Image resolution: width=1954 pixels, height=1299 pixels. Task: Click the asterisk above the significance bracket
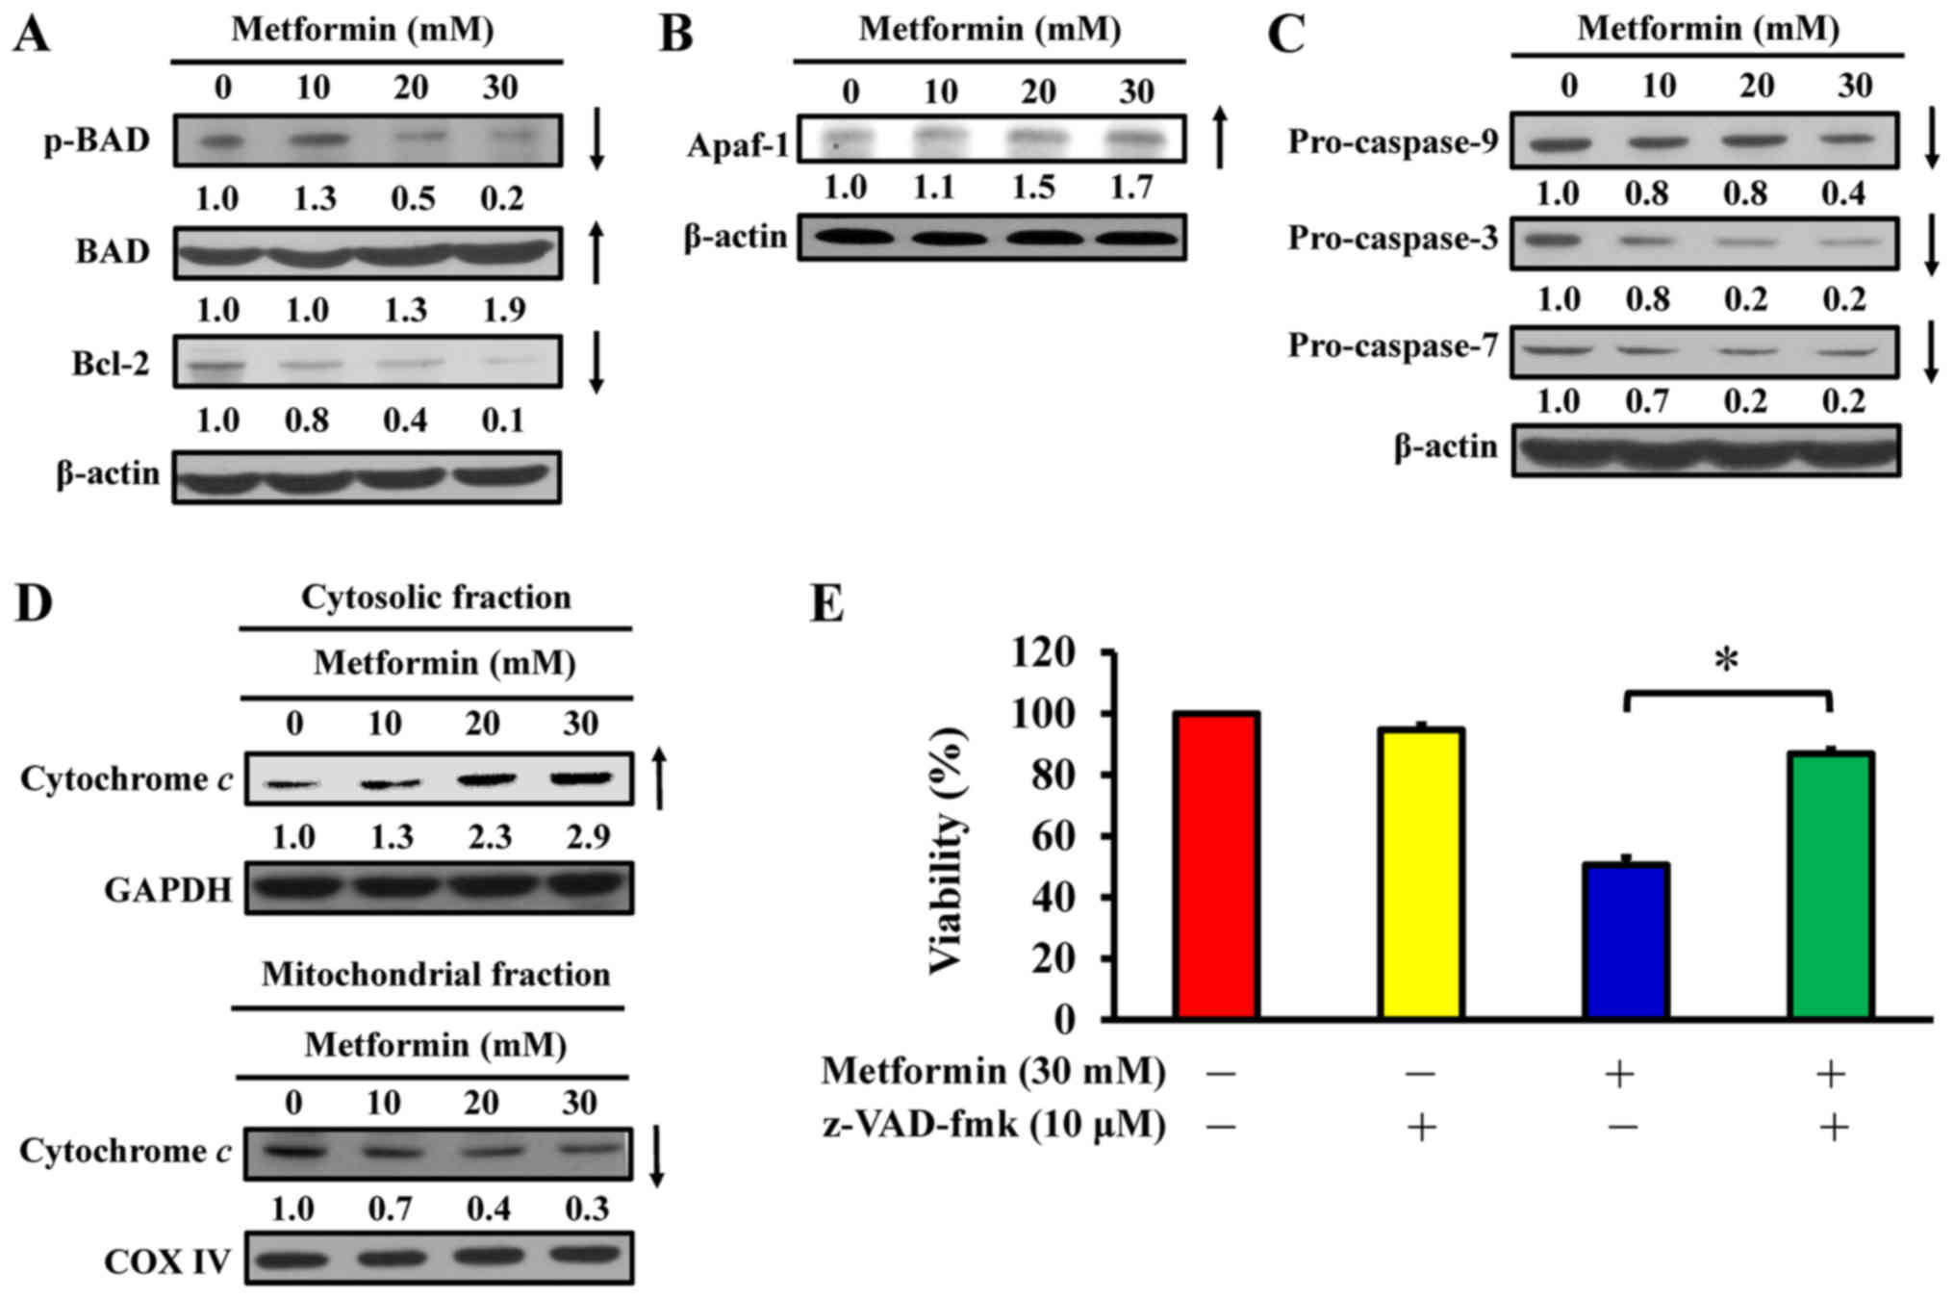pyautogui.click(x=1727, y=661)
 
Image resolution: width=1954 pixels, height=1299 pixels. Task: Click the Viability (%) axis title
pyautogui.click(x=948, y=851)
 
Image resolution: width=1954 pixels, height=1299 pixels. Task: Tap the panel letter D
pyautogui.click(x=34, y=603)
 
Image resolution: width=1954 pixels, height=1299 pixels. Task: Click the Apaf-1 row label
pyautogui.click(x=737, y=145)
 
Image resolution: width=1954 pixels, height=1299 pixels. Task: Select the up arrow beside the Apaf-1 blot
pyautogui.click(x=1221, y=139)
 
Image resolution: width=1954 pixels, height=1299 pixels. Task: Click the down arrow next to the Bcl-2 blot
pyautogui.click(x=596, y=363)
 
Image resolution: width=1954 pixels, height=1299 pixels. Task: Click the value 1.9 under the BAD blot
pyautogui.click(x=503, y=310)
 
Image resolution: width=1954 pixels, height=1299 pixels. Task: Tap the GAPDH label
pyautogui.click(x=168, y=890)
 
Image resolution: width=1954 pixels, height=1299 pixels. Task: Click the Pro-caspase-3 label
pyautogui.click(x=1393, y=238)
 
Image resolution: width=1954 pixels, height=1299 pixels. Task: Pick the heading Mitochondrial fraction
pyautogui.click(x=436, y=974)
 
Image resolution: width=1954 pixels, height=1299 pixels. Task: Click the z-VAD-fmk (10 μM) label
pyautogui.click(x=994, y=1124)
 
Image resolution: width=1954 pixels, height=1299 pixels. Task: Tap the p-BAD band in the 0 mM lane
pyautogui.click(x=221, y=140)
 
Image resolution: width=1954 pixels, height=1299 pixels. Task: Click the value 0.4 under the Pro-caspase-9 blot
pyautogui.click(x=1843, y=193)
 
